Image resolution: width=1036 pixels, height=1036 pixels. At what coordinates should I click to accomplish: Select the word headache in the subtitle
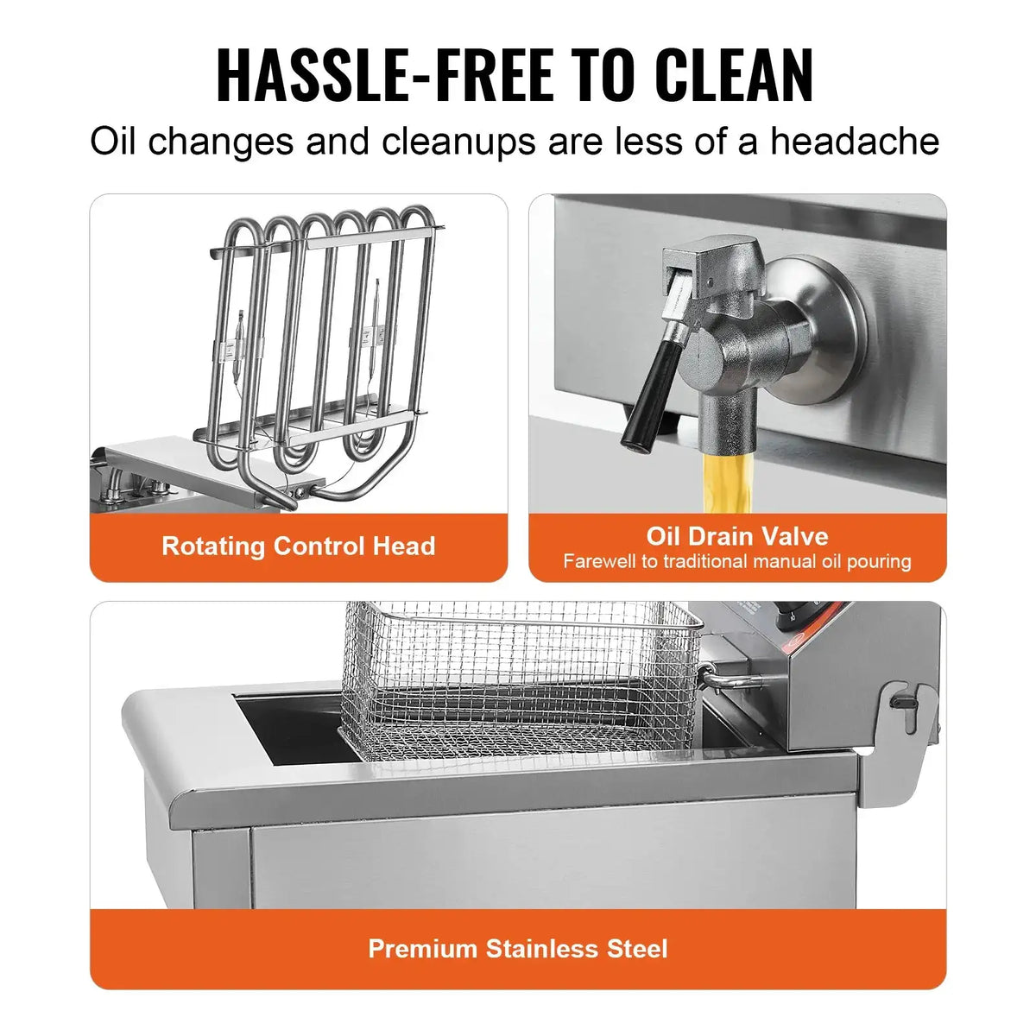(x=854, y=142)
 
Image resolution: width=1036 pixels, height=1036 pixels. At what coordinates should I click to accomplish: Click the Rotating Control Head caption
(x=298, y=546)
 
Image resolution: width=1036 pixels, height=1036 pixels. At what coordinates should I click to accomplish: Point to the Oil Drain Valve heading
(x=737, y=536)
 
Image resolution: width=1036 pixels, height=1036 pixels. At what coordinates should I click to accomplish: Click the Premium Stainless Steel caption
(x=518, y=949)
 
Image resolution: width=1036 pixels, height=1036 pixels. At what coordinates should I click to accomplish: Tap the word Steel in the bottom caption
(x=638, y=949)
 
